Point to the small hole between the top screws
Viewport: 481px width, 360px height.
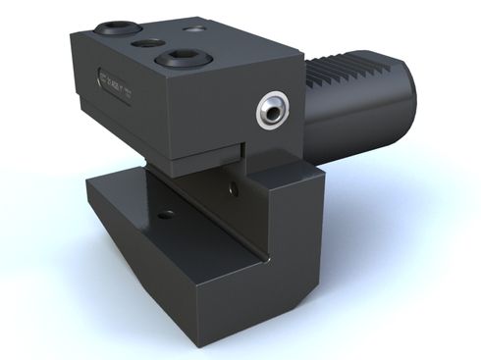click(150, 44)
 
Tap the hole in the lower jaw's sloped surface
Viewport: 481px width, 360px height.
click(165, 212)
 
